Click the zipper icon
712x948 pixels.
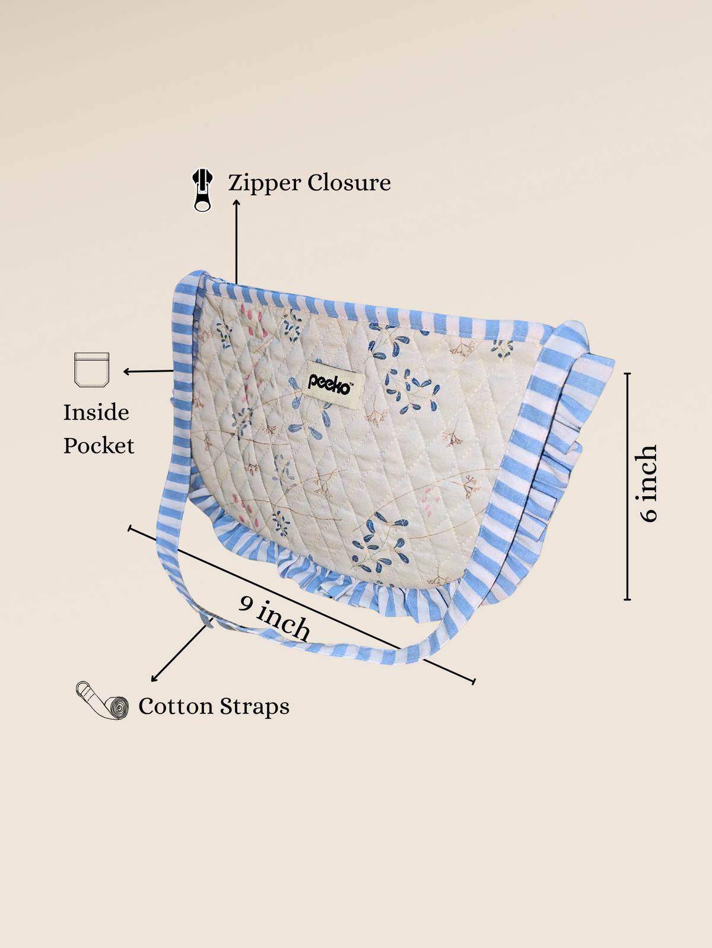click(202, 190)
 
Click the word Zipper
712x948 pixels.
click(265, 183)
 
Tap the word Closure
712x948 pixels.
click(349, 182)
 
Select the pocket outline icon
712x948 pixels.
click(92, 369)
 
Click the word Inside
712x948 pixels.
click(96, 412)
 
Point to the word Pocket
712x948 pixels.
click(98, 445)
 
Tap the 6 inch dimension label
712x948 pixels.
click(649, 483)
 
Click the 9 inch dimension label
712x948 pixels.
click(275, 618)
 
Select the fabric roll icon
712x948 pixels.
click(102, 701)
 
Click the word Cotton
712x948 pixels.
click(176, 706)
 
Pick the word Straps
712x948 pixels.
click(255, 706)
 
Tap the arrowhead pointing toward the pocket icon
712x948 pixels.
click(126, 372)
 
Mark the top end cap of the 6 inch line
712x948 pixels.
click(627, 373)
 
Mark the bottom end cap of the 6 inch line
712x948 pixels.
click(627, 600)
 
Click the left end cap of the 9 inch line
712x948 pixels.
click(130, 528)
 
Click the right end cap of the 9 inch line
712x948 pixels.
click(473, 681)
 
